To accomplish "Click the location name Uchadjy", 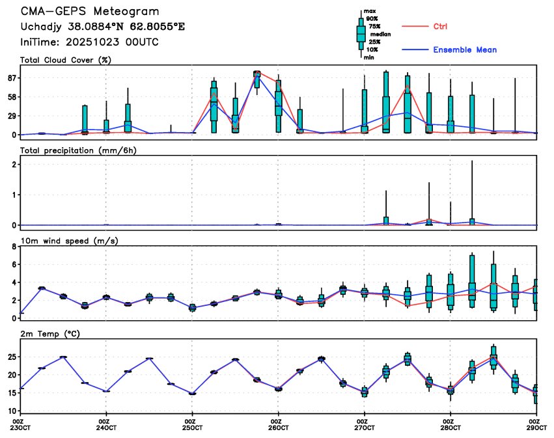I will coord(44,27).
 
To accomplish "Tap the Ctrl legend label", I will coord(440,26).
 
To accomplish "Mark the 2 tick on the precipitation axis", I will coord(13,164).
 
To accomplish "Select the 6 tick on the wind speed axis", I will coord(13,265).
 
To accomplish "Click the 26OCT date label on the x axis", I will coord(278,428).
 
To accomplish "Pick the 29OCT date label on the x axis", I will coord(536,428).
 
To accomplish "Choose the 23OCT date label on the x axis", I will coord(21,428).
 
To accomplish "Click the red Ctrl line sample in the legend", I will coord(414,26).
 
